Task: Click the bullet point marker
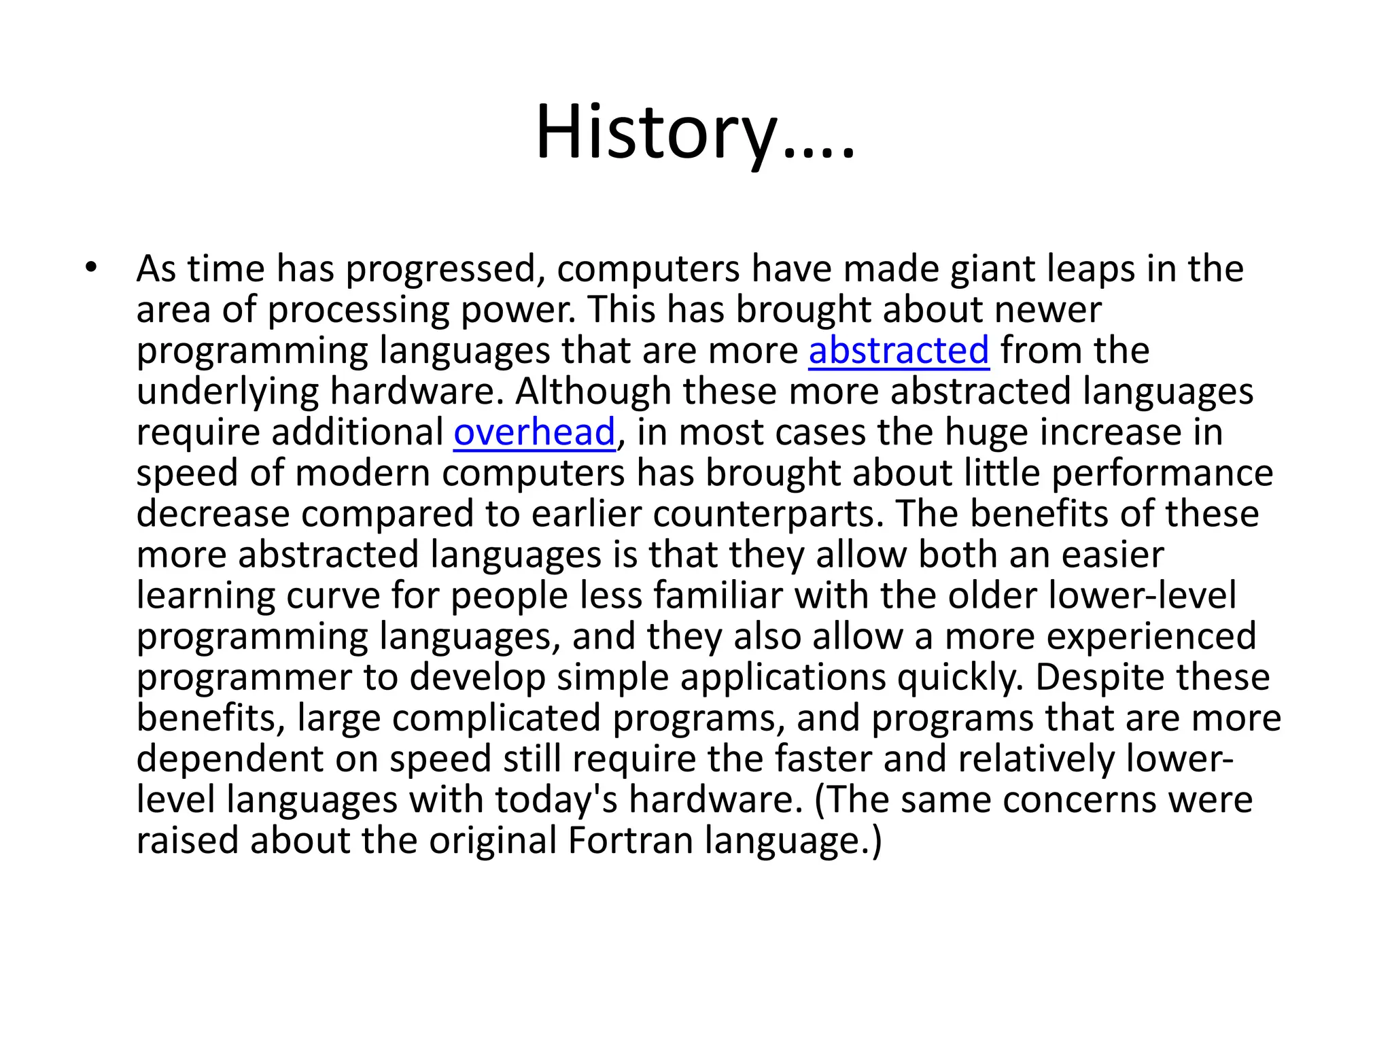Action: [92, 267]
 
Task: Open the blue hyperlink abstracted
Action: [899, 351]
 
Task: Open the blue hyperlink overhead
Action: [534, 432]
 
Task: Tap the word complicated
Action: [497, 718]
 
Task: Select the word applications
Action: [783, 678]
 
